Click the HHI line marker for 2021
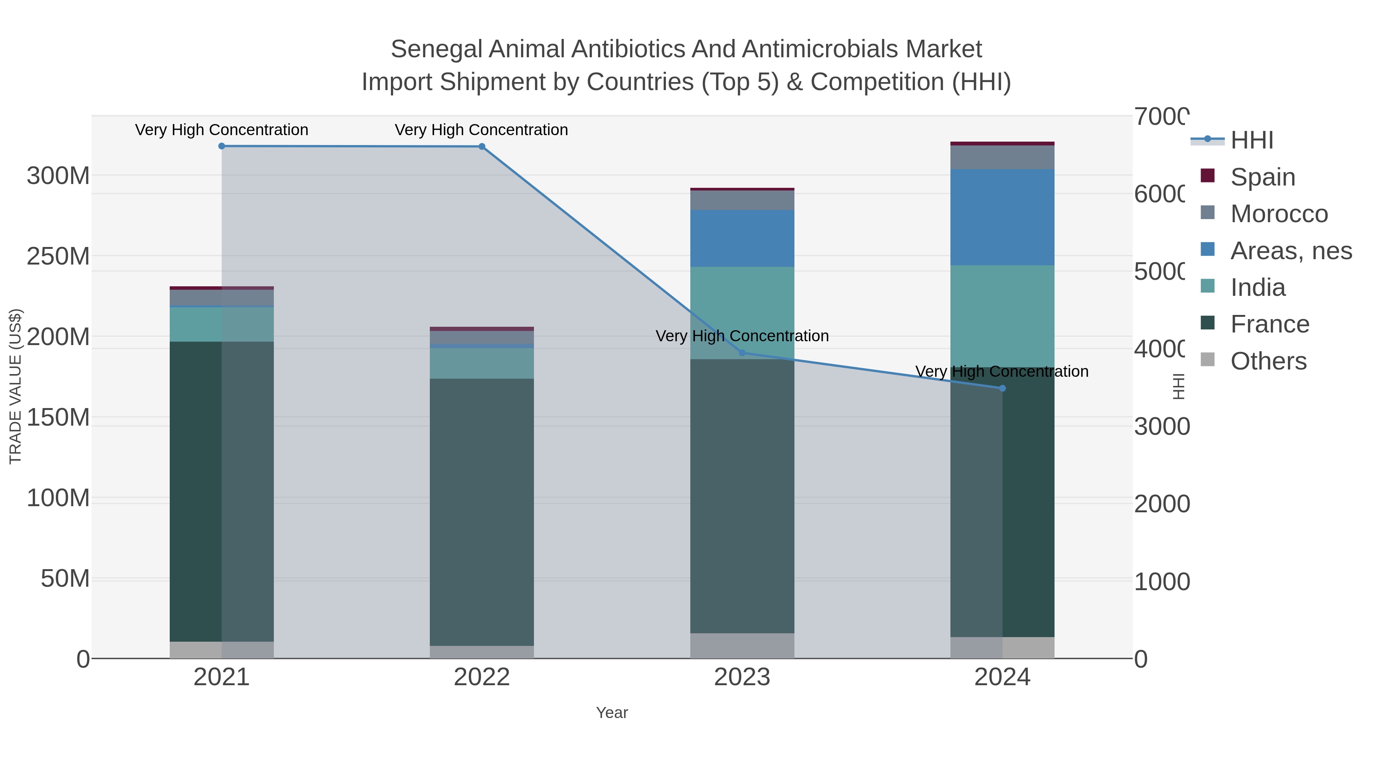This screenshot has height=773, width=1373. click(222, 146)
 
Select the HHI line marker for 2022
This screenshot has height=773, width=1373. click(482, 147)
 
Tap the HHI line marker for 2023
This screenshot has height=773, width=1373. click(742, 353)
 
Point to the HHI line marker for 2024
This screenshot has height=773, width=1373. click(1002, 388)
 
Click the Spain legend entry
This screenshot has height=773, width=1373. click(1262, 177)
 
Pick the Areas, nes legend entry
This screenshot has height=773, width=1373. click(1290, 251)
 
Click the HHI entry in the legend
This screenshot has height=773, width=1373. click(1251, 140)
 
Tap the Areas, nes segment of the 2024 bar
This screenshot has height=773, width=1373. click(1002, 217)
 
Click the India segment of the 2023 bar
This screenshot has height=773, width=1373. click(742, 313)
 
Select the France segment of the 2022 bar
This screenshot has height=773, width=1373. click(482, 512)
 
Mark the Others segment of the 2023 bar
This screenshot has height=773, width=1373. click(742, 646)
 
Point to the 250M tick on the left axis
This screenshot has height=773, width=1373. click(58, 257)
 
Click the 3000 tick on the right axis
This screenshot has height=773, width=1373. click(1161, 427)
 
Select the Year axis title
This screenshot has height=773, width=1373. click(612, 713)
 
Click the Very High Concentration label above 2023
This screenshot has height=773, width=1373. click(742, 336)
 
